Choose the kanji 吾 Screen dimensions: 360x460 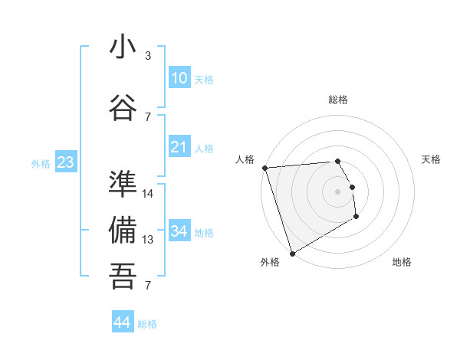click(x=123, y=276)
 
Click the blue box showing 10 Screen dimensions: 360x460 click(x=179, y=78)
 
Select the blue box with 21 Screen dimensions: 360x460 click(x=179, y=147)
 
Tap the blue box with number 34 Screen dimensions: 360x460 click(x=179, y=231)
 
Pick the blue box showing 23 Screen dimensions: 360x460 click(x=65, y=162)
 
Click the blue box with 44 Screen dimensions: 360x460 click(x=122, y=322)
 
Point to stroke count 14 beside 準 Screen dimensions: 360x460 click(x=148, y=193)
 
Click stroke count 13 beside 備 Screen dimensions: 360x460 click(x=148, y=240)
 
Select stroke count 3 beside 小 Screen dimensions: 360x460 click(x=148, y=56)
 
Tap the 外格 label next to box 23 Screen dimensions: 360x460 click(x=41, y=163)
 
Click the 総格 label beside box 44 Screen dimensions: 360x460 click(x=147, y=324)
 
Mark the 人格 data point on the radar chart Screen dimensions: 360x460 click(x=264, y=168)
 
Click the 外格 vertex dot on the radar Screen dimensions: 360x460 click(x=292, y=253)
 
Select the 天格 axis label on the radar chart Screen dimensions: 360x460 click(x=432, y=159)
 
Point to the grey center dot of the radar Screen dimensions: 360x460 click(x=337, y=191)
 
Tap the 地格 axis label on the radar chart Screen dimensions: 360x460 click(x=402, y=262)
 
